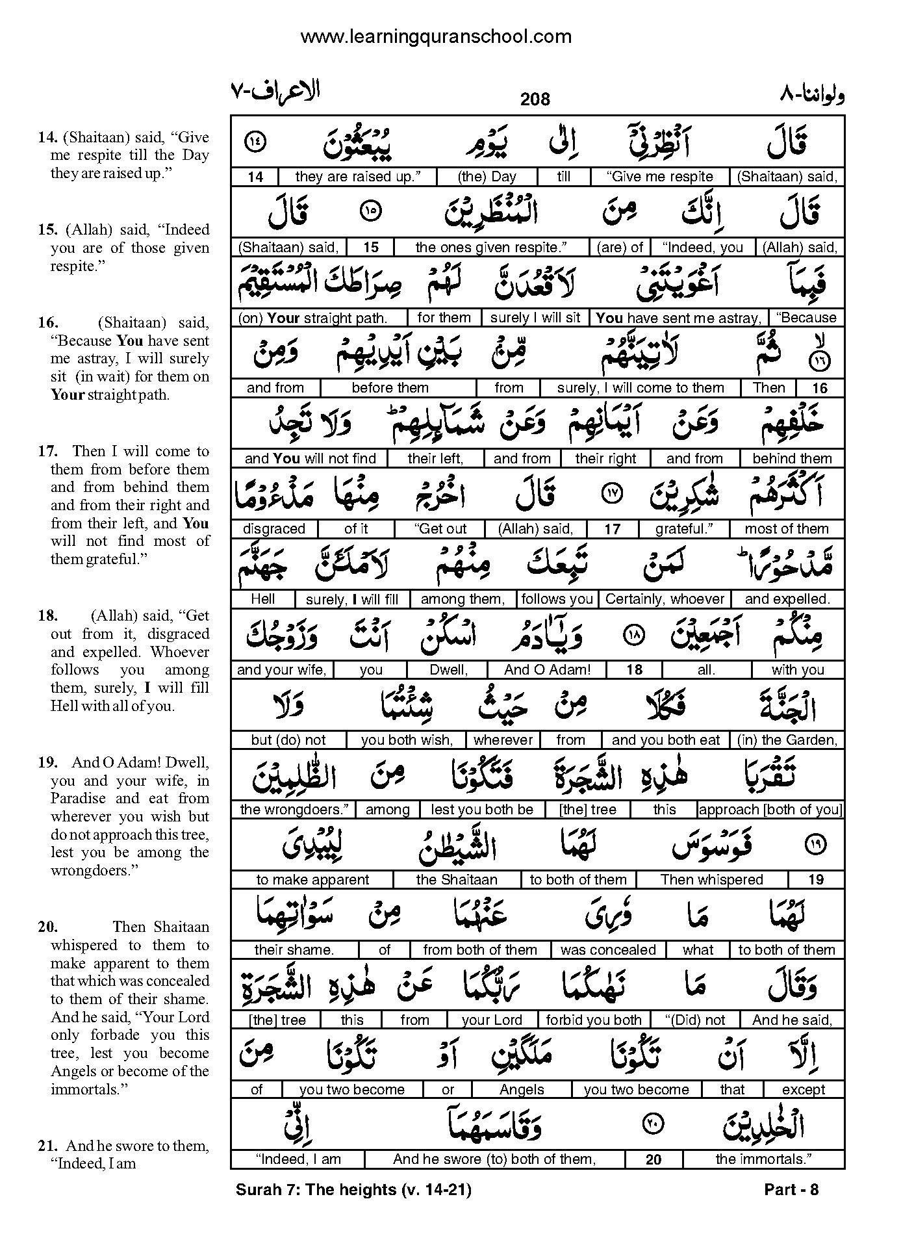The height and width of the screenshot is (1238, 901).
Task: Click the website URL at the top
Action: pos(436,37)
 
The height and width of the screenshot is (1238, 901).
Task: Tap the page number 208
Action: pos(535,99)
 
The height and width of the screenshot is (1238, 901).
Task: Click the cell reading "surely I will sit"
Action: pos(535,318)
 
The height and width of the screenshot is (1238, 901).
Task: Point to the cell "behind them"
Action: pos(792,459)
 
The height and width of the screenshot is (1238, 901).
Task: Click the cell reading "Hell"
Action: pos(262,599)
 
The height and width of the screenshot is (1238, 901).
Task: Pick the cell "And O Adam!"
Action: pos(547,669)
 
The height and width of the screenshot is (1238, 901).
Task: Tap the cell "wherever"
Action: pos(503,740)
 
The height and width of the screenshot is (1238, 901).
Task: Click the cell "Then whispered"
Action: pos(711,880)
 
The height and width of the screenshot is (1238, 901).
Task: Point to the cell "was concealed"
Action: pos(608,950)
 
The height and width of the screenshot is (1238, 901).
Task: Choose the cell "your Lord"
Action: pos(492,1020)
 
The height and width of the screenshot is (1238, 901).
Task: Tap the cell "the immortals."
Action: pos(763,1159)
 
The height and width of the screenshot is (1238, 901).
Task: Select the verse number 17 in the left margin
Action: pos(48,452)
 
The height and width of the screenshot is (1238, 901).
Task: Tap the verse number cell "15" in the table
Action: pos(370,248)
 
